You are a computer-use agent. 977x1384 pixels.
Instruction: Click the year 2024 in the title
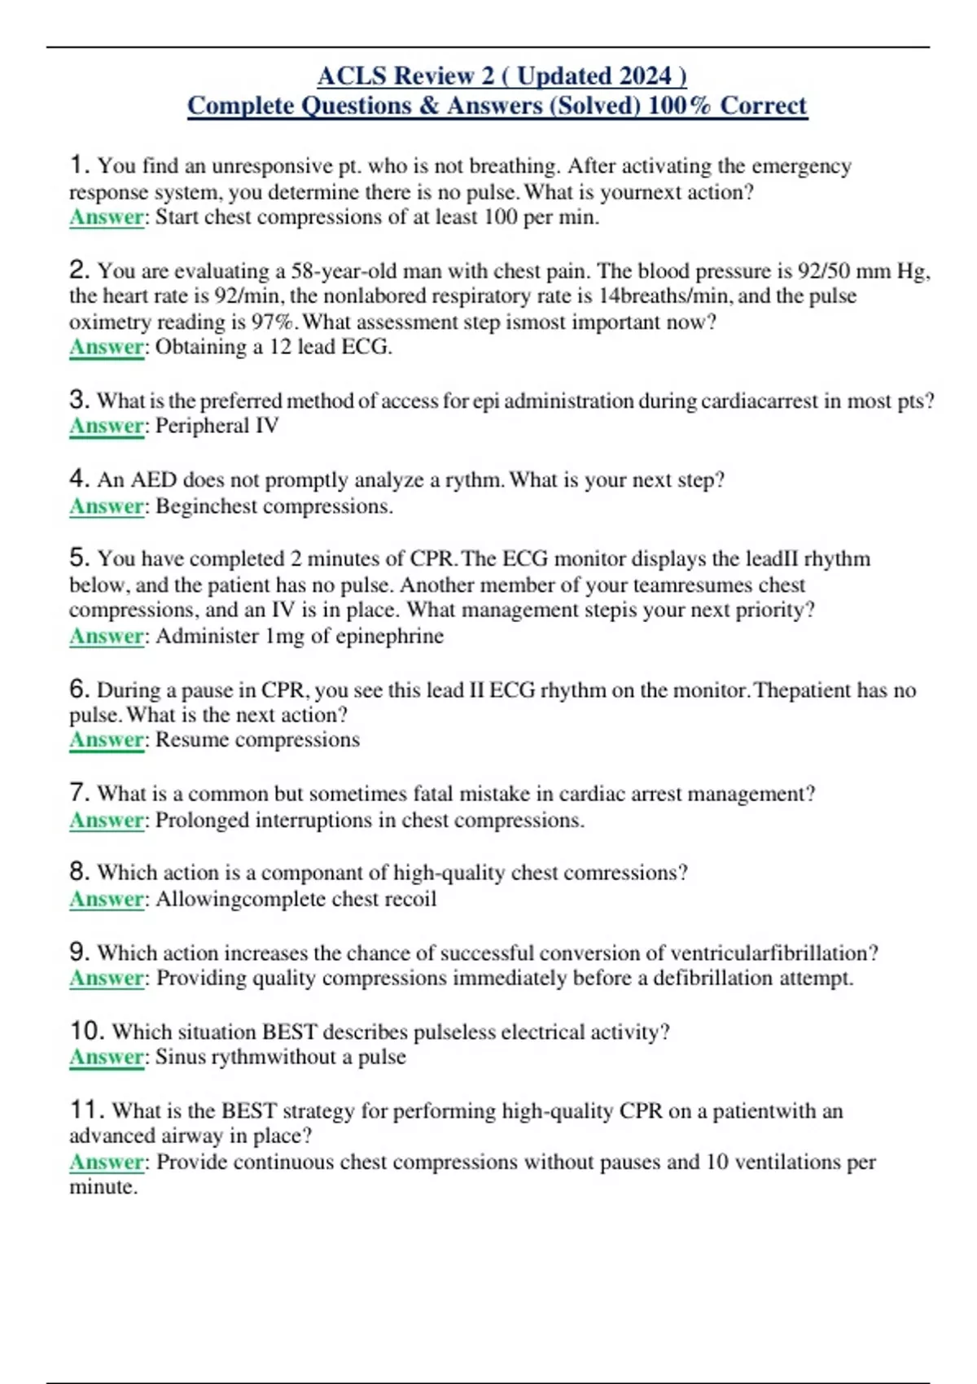[645, 76]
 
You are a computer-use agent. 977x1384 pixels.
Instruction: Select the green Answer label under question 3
[107, 426]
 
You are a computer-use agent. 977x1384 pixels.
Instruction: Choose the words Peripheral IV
[217, 426]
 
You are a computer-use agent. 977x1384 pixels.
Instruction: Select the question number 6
[79, 689]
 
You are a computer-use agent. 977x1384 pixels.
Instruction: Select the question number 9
[79, 952]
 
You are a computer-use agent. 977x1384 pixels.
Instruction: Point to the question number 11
[86, 1110]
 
